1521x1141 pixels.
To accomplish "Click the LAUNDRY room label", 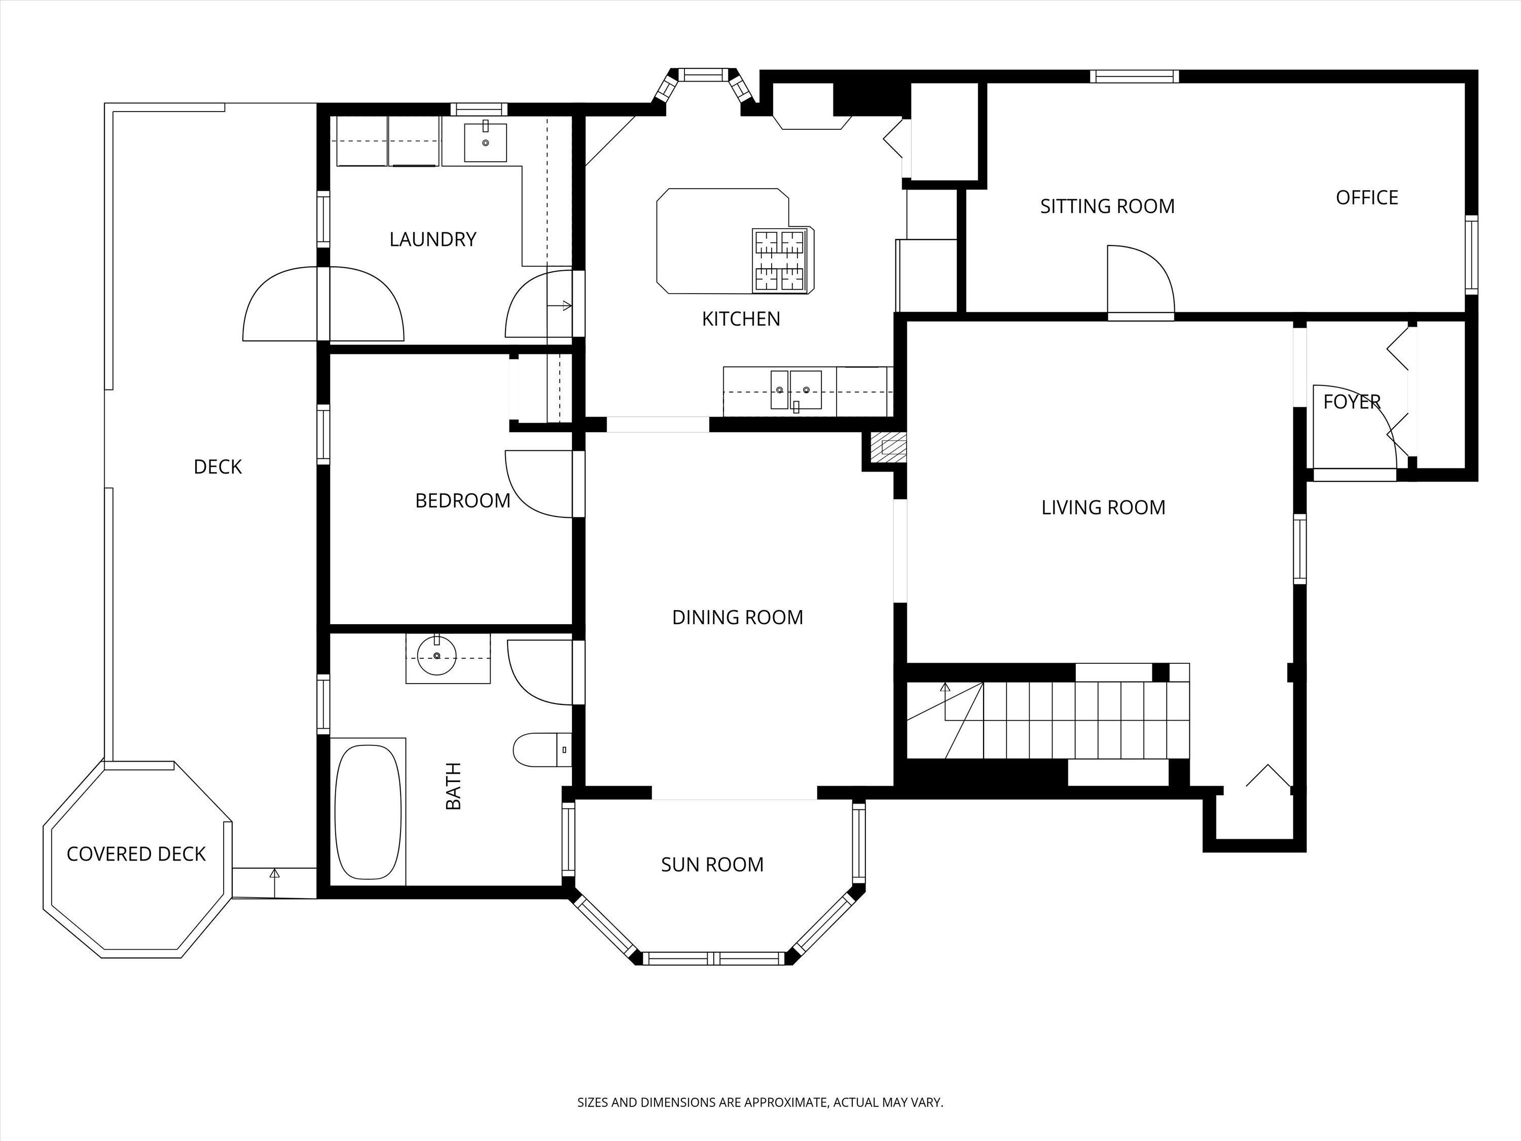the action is click(432, 239).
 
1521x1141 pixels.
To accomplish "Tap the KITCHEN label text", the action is click(741, 319).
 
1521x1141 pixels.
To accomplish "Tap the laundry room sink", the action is click(486, 142).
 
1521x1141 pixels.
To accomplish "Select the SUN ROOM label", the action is click(712, 865).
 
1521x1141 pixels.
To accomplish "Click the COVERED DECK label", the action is click(136, 854).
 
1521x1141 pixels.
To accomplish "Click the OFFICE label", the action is click(1367, 198).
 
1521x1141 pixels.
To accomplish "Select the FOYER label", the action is click(1352, 402).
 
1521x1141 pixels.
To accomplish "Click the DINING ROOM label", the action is click(738, 618).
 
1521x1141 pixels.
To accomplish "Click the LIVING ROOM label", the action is click(1104, 508).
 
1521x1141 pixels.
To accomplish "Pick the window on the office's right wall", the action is click(1471, 255).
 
